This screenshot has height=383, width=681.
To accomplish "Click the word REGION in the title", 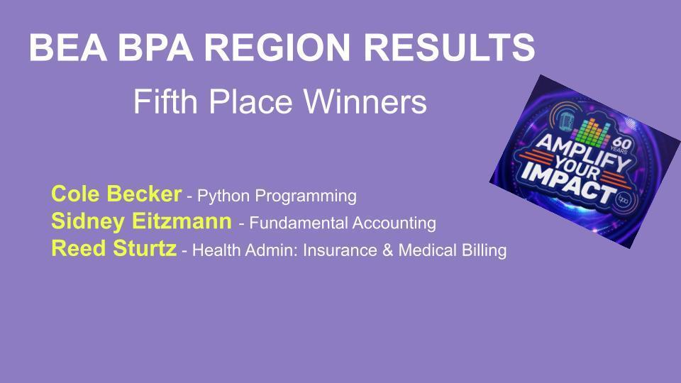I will tap(283, 48).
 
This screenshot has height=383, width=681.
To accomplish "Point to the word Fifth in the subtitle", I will tap(160, 103).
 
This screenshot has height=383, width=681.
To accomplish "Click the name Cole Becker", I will tap(116, 194).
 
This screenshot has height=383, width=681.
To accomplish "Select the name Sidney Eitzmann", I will tap(141, 221).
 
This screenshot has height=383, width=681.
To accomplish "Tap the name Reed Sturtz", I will tap(113, 249).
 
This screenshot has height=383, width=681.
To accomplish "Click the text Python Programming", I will tap(276, 196).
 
